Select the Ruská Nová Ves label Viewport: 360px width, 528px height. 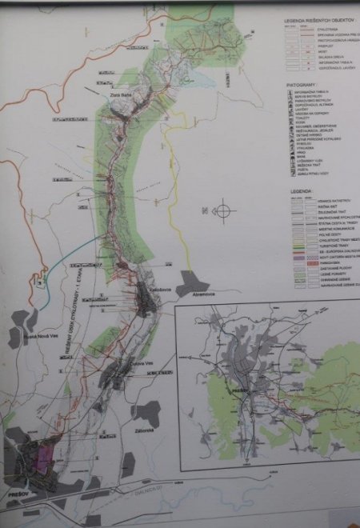coord(42,334)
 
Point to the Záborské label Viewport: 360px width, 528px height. coord(136,430)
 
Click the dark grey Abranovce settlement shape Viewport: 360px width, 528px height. coord(192,282)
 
